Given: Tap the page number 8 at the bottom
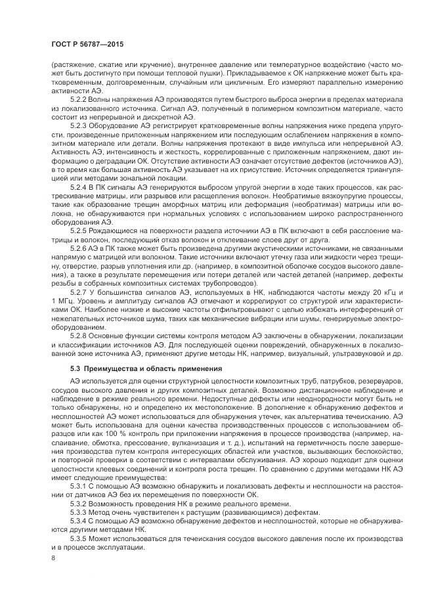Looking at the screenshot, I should pyautogui.click(x=53, y=558).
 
